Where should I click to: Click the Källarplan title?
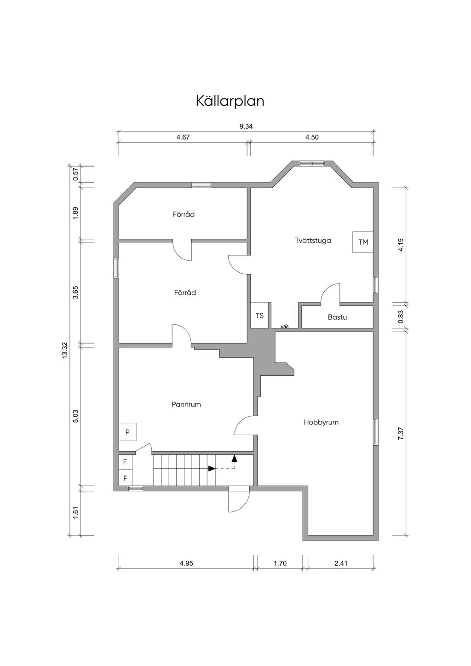[230, 101]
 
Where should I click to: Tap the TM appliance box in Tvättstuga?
[363, 242]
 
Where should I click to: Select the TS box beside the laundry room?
[259, 316]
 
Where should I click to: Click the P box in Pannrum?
[127, 432]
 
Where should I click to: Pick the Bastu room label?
[337, 317]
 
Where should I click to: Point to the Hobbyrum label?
[321, 423]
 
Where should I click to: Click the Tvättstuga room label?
[313, 240]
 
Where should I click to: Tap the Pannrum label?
[186, 404]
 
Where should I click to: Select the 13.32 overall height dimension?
[65, 350]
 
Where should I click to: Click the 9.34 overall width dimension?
[246, 126]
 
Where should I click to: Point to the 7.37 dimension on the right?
[401, 435]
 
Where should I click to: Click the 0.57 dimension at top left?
[75, 174]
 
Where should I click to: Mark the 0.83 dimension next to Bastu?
[401, 316]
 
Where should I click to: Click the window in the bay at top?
[311, 163]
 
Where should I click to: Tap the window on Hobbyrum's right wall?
[376, 432]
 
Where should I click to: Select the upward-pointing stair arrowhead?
[235, 458]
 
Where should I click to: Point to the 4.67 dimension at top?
[183, 137]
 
